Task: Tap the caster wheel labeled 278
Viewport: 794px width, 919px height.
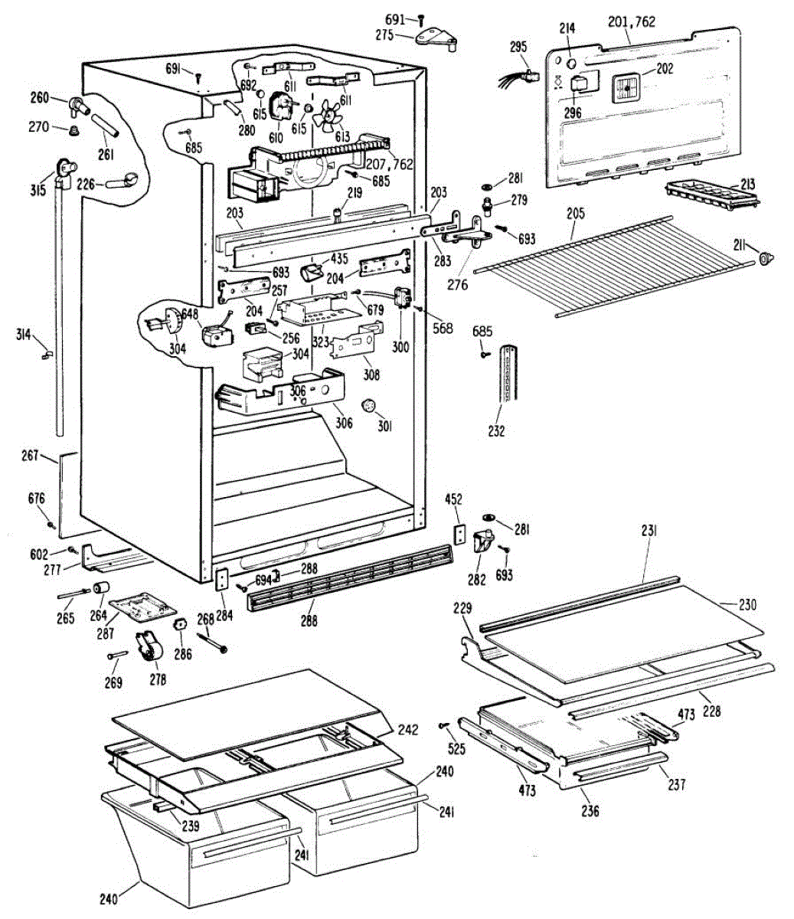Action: [x=150, y=649]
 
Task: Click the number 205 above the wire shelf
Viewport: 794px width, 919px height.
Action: [x=574, y=214]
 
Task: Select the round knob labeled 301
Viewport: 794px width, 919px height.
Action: [x=368, y=405]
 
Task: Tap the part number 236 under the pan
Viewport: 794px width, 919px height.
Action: [x=590, y=811]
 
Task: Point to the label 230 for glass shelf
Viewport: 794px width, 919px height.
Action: [x=747, y=605]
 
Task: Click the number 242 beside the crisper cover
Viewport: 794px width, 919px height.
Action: [x=408, y=729]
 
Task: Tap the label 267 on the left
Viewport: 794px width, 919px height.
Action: [x=29, y=456]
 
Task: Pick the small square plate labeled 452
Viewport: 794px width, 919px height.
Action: [x=459, y=533]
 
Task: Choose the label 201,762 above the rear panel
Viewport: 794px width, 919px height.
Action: [x=632, y=22]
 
